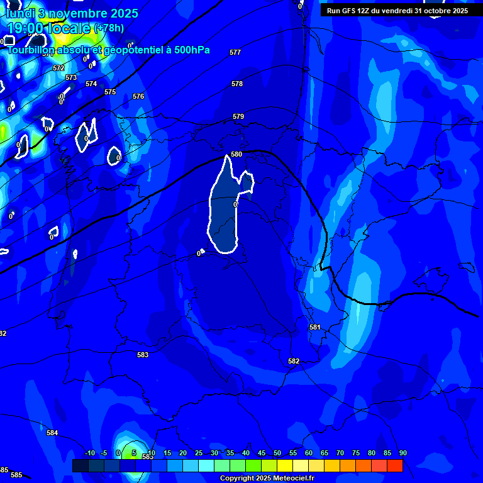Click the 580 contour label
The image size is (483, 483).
[x=236, y=154]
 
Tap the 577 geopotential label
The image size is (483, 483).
[x=235, y=52]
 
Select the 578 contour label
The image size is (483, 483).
[x=237, y=84]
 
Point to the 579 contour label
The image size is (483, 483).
[x=238, y=116]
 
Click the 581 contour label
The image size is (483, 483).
[x=315, y=327]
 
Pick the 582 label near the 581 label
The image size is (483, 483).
[x=294, y=361]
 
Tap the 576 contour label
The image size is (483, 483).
[x=138, y=96]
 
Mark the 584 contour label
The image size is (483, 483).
[x=52, y=433]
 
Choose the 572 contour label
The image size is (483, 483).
[x=58, y=68]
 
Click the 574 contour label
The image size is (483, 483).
[x=91, y=84]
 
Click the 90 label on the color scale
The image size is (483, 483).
[x=402, y=453]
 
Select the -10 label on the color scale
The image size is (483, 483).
[x=89, y=453]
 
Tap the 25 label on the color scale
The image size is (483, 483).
[x=199, y=453]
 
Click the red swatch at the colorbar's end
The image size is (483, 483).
[x=394, y=465]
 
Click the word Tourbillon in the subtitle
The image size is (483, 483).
[x=31, y=50]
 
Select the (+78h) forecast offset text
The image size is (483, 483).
[x=109, y=28]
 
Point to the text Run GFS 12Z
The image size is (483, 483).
[x=348, y=11]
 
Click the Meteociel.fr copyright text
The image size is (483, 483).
[x=267, y=479]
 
